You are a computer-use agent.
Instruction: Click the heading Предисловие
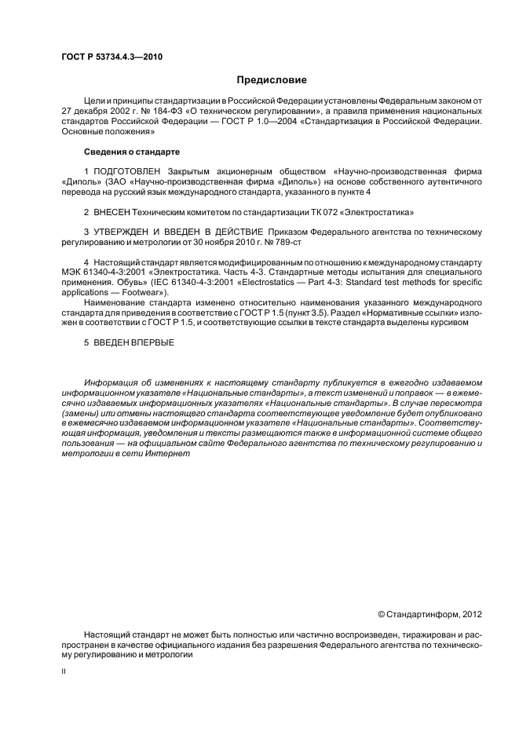272,80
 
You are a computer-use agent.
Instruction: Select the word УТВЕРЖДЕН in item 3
125,232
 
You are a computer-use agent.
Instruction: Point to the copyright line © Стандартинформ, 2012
429,614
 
